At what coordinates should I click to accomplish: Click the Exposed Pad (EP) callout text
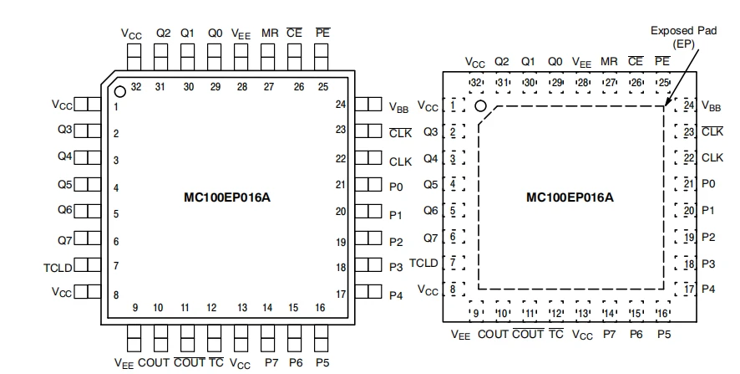point(683,38)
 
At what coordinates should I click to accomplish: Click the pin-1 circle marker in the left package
point(120,92)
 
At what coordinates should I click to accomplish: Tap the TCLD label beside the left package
point(58,268)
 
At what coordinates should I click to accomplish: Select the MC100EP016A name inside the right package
point(570,197)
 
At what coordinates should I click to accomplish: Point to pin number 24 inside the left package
point(341,104)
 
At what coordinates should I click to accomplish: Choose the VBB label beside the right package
point(712,106)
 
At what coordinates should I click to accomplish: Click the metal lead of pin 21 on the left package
point(368,184)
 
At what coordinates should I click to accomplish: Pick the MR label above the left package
point(270,33)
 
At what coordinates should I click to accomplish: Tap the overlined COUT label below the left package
point(190,362)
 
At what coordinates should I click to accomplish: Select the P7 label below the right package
point(609,335)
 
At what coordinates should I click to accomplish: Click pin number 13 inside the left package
point(242,308)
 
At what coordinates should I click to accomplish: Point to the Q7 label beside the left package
point(64,241)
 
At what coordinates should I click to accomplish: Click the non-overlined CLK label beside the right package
point(712,157)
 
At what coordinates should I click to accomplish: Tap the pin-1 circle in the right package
point(480,106)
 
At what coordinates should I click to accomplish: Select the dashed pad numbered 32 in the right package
point(476,83)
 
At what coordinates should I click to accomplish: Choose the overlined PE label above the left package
point(322,33)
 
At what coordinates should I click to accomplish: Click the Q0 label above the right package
point(555,61)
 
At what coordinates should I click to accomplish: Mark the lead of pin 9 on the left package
point(134,338)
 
